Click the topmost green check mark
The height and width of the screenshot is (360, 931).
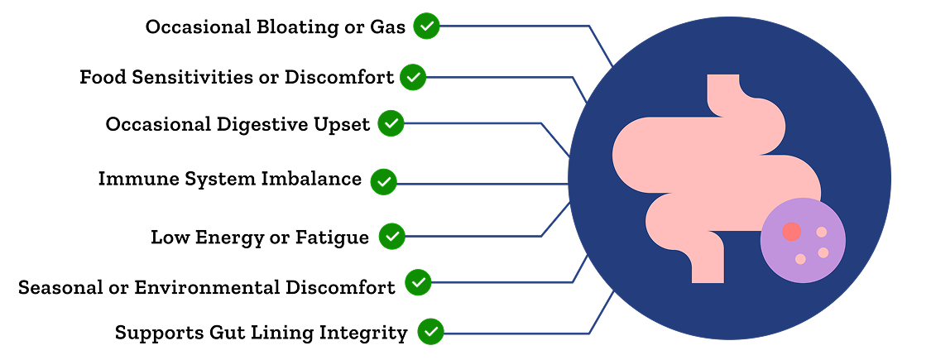(x=426, y=26)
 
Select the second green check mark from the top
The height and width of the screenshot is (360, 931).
(x=413, y=78)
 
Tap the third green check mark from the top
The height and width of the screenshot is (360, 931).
(x=391, y=123)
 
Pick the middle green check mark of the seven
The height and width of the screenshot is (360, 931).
(x=383, y=182)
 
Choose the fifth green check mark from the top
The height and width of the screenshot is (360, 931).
(x=392, y=237)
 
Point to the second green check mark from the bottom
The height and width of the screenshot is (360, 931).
(x=418, y=282)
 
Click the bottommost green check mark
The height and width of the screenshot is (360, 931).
(x=430, y=332)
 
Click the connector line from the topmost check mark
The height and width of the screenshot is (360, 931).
(x=513, y=26)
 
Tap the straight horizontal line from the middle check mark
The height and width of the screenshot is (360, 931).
(x=480, y=184)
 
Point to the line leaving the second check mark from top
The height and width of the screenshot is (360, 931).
(x=497, y=78)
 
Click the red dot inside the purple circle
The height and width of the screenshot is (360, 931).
(x=791, y=232)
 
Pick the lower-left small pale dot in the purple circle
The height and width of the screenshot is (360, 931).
(x=800, y=259)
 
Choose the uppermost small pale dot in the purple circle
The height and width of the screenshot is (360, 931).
(x=821, y=233)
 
